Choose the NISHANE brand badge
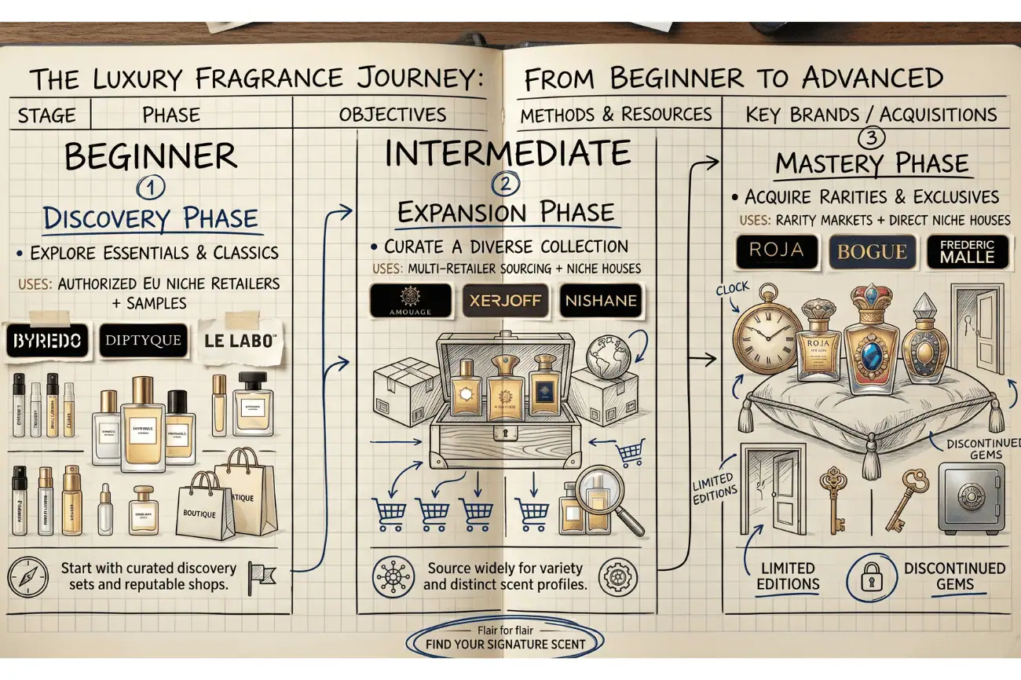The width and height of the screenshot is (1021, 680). [x=600, y=301]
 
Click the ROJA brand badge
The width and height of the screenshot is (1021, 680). [x=777, y=251]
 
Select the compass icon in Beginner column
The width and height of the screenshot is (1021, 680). [x=28, y=576]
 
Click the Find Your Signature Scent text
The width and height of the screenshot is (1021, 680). [x=505, y=645]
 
